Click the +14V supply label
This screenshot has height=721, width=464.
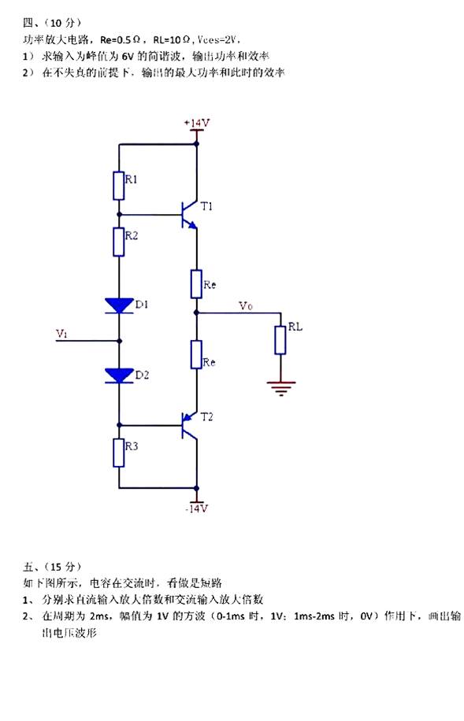(197, 124)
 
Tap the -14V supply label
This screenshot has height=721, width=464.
(197, 508)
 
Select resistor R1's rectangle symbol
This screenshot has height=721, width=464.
(119, 186)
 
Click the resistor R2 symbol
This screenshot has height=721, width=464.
(119, 242)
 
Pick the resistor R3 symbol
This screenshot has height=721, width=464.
(119, 453)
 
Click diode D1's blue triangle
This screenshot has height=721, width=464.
(119, 305)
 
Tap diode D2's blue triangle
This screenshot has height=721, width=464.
(119, 375)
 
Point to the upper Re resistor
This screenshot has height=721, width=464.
(197, 284)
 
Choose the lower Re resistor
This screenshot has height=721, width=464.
(197, 354)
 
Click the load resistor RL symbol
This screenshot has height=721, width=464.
(280, 340)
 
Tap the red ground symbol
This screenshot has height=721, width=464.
(280, 387)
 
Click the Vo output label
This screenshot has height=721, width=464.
(245, 305)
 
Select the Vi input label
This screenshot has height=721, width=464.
(61, 334)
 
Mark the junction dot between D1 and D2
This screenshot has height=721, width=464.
(119, 341)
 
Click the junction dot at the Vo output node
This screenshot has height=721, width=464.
(197, 312)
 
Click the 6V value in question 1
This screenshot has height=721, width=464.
(128, 56)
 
